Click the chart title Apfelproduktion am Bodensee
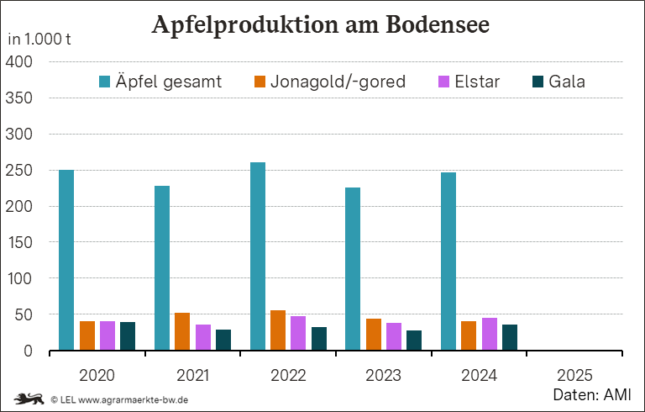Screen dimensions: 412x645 (x=320, y=24)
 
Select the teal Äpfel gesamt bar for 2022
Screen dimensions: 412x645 (x=257, y=256)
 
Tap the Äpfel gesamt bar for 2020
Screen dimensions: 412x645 (x=66, y=260)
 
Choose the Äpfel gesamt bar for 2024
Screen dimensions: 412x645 (x=448, y=261)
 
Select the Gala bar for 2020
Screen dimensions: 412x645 (x=128, y=336)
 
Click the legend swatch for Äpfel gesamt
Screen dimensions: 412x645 (x=105, y=82)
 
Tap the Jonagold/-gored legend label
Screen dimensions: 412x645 (x=338, y=82)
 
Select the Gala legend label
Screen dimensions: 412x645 (x=567, y=82)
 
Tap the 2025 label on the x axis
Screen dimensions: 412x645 (x=575, y=373)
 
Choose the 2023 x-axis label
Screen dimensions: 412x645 (x=384, y=373)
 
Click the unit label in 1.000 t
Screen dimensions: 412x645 (x=39, y=40)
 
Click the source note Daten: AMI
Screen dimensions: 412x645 (x=591, y=394)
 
